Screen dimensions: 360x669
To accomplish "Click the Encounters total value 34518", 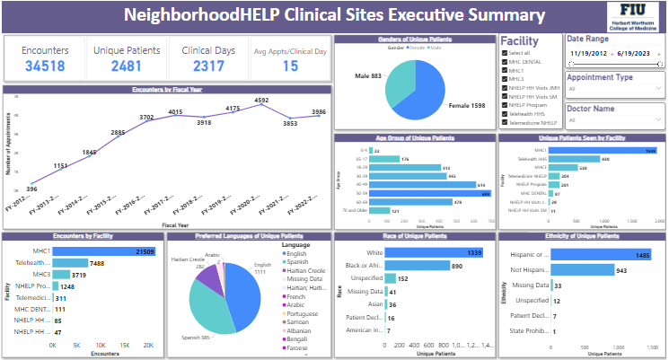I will (45, 66).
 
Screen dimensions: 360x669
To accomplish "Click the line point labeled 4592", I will (261, 106).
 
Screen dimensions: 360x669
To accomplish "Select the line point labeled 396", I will (32, 182).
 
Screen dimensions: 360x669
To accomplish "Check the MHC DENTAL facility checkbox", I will (506, 61).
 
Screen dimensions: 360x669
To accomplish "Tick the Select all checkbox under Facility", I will (506, 52).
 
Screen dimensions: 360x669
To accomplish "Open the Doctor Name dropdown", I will (614, 120).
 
